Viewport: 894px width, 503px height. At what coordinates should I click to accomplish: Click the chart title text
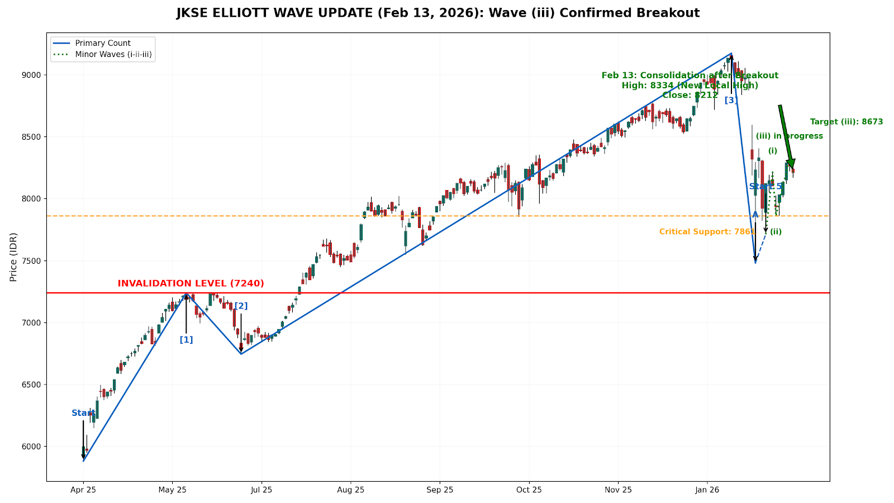[x=438, y=13]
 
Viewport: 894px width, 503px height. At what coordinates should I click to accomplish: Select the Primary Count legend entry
[x=103, y=43]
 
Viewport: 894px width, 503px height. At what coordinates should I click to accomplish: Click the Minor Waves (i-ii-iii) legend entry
[x=113, y=55]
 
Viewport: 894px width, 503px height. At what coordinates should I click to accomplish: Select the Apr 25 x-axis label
[x=83, y=490]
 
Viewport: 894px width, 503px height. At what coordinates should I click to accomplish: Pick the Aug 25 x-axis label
[x=350, y=490]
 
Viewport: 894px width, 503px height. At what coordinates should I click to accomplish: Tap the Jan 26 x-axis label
[x=707, y=490]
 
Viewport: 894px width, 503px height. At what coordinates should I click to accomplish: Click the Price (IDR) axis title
[x=13, y=257]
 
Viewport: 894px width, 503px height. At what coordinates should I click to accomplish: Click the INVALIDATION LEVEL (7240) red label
[x=191, y=283]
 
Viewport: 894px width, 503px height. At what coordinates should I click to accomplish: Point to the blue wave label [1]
[x=186, y=340]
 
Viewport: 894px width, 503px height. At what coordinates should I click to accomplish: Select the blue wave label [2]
[x=241, y=306]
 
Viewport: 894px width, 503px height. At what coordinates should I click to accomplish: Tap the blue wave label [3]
[x=731, y=100]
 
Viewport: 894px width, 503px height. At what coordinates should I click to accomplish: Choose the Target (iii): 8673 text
[x=846, y=122]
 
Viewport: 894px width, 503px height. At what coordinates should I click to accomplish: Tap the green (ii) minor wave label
[x=776, y=232]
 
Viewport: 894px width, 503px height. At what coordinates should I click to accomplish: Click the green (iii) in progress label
[x=789, y=136]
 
